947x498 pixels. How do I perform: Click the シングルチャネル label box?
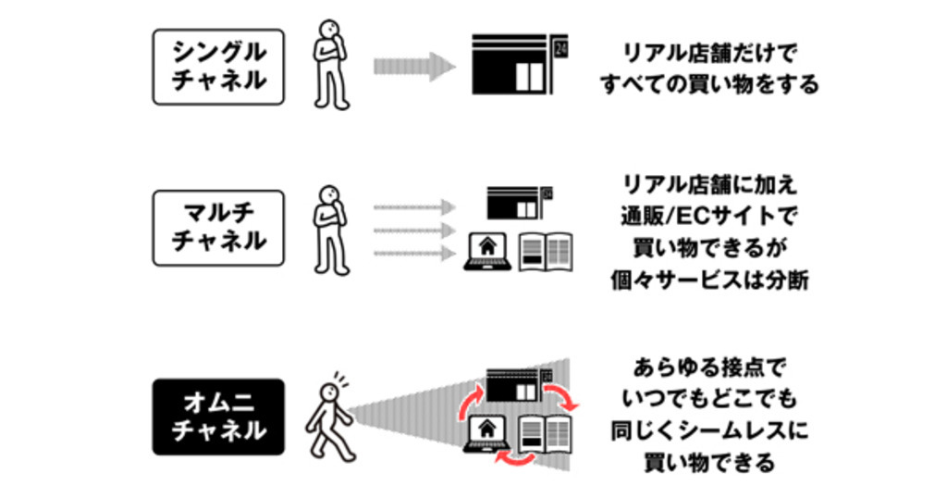click(218, 67)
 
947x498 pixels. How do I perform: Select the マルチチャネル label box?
click(218, 228)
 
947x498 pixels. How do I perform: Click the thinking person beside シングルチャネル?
click(332, 64)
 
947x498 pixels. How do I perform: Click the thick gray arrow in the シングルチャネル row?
click(413, 67)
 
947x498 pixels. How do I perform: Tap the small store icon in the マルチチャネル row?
click(517, 203)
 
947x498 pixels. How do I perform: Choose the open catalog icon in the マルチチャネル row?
click(546, 252)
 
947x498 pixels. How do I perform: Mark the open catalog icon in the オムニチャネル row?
click(546, 433)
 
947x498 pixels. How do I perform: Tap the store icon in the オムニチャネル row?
click(517, 385)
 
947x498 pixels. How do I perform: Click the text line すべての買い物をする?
click(709, 85)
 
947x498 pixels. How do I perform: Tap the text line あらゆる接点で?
click(709, 367)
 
